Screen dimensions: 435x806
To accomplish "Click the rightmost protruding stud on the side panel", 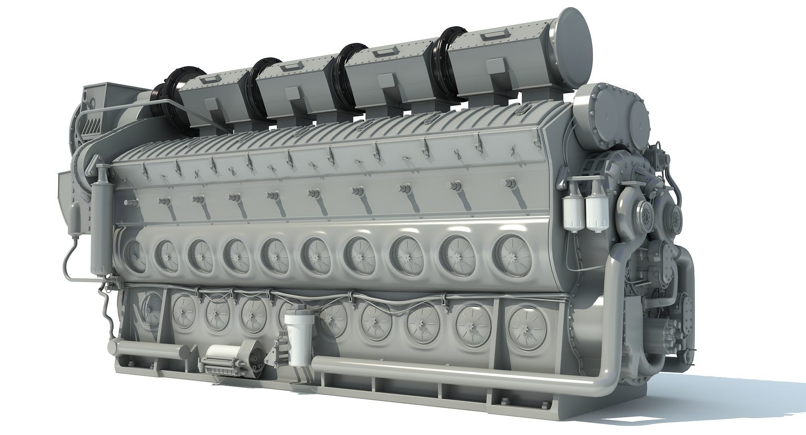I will (x=508, y=183).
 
